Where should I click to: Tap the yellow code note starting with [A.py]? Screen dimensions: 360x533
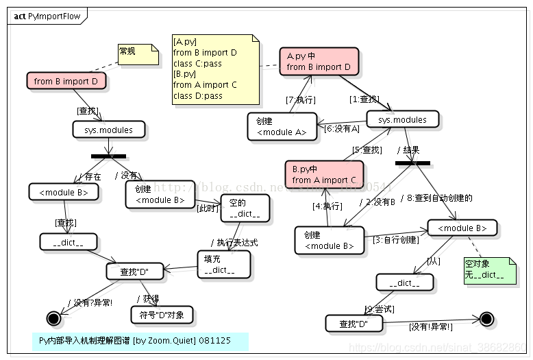215,69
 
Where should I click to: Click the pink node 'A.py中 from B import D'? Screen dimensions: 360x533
319,61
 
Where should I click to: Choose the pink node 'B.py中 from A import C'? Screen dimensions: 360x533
323,175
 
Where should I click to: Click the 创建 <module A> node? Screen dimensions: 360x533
282,127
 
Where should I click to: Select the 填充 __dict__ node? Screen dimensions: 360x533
223,265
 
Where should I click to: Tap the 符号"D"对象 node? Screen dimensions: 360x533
162,315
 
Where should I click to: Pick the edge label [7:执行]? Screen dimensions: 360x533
300,100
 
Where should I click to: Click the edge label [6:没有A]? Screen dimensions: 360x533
341,128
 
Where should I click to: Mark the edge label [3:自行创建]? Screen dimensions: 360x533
395,239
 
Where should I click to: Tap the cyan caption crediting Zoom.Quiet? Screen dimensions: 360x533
140,341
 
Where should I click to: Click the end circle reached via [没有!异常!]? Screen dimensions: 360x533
486,319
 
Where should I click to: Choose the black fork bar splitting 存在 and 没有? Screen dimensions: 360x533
108,156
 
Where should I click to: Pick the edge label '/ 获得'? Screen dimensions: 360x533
148,298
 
